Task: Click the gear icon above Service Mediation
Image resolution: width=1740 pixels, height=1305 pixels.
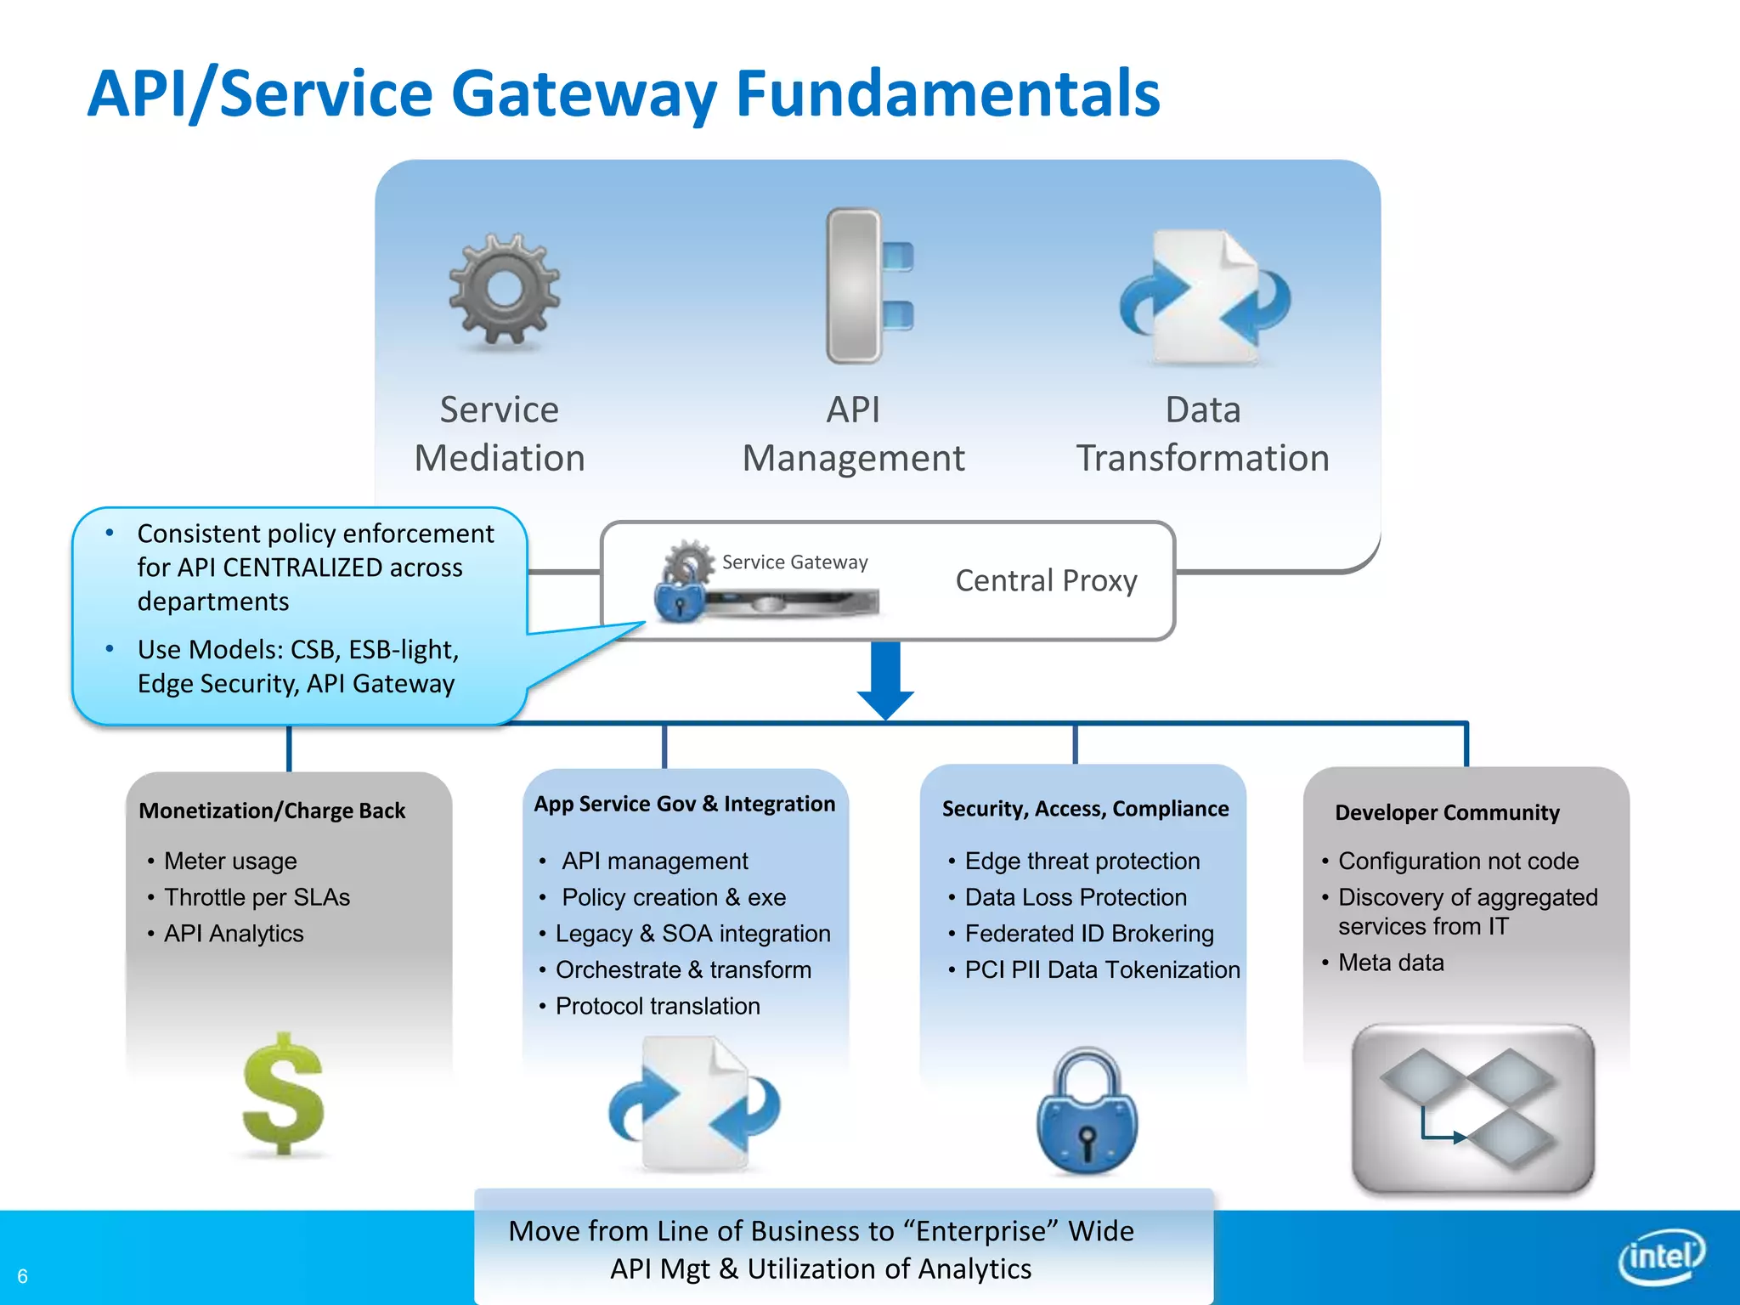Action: point(505,289)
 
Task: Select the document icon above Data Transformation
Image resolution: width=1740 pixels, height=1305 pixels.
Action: point(1205,297)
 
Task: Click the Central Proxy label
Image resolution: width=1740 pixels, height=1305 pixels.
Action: point(1046,581)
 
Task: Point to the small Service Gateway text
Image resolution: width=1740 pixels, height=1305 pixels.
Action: point(794,562)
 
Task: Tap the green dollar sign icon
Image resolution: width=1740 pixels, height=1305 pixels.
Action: point(283,1094)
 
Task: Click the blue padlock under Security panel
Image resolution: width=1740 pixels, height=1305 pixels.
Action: point(1087,1113)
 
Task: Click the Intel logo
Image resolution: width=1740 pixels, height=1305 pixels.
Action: point(1660,1256)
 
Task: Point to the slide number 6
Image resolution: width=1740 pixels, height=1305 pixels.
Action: point(23,1276)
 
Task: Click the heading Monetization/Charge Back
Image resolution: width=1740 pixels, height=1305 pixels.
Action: point(272,811)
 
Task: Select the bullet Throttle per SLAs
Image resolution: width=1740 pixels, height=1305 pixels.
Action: point(257,898)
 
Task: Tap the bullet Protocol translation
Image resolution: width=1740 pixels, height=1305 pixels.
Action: point(657,1007)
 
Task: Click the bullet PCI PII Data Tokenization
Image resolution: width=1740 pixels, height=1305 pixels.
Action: point(1102,970)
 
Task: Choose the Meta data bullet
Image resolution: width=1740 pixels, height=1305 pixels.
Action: point(1391,963)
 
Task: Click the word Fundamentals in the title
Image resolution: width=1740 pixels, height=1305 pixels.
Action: point(947,93)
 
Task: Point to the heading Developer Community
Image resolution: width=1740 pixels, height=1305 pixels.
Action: point(1447,813)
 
